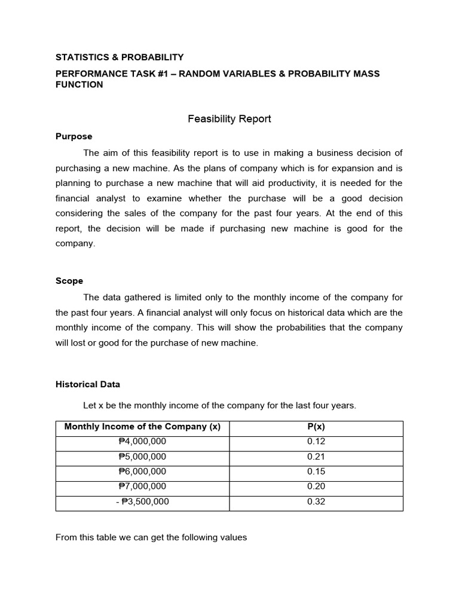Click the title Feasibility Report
229,119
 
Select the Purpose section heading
74,136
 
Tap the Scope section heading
69,281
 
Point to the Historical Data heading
87,384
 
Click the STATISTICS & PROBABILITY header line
120,57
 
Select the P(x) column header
316,427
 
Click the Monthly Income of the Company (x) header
142,427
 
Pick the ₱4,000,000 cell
142,442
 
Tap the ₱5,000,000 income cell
142,457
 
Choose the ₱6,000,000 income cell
142,472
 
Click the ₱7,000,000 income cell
142,486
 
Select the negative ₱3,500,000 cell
142,502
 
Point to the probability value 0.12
316,442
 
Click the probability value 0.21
316,457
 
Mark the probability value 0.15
316,472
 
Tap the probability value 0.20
316,486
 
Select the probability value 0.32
316,502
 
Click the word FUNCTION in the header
79,85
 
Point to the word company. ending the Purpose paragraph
75,244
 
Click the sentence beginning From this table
151,537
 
